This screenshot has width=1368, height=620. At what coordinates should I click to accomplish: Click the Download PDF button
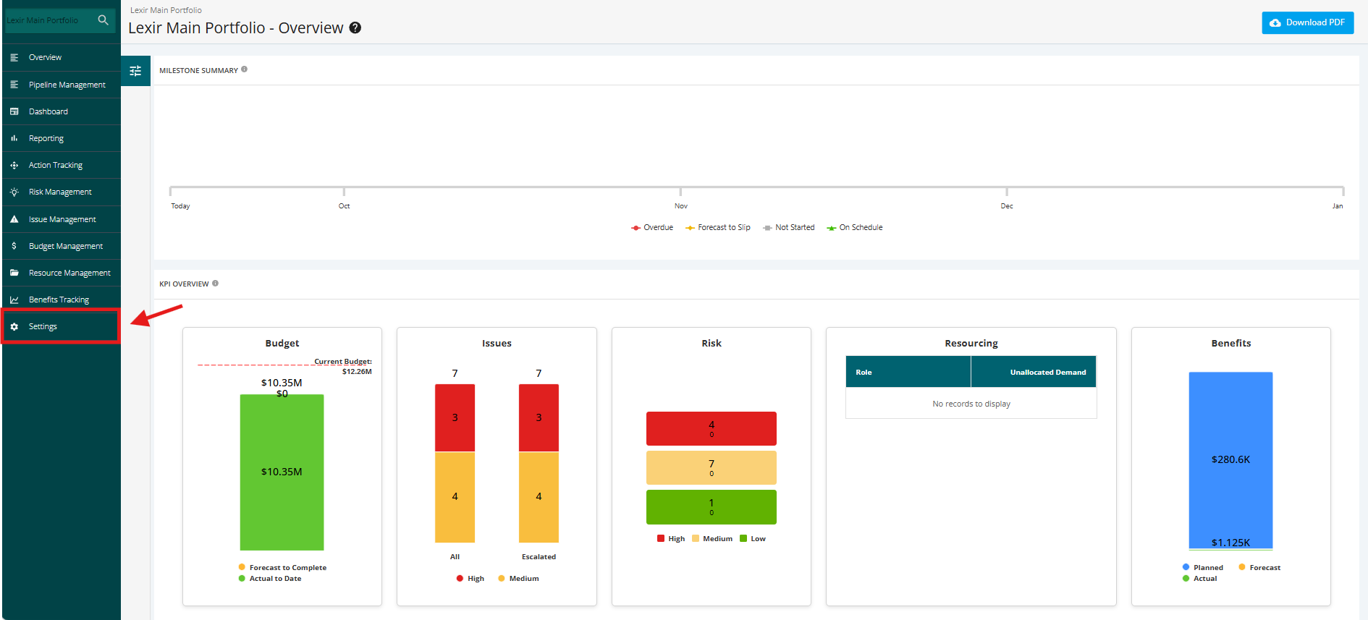click(1307, 22)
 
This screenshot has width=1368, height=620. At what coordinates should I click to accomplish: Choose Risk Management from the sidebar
click(61, 192)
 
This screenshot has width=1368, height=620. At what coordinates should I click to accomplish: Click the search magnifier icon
click(104, 20)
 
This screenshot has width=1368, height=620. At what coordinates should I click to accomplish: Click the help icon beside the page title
click(355, 27)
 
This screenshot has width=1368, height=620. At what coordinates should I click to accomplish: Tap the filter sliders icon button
click(135, 71)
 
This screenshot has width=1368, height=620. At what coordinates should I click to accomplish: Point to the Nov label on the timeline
click(681, 206)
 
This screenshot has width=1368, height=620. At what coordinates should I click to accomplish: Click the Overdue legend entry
click(652, 227)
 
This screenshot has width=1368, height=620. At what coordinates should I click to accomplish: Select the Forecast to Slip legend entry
click(718, 227)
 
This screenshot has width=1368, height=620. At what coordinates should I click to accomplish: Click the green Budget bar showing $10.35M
click(282, 472)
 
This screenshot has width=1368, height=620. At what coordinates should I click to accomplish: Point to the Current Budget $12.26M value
click(357, 372)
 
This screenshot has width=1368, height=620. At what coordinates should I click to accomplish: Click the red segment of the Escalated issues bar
click(539, 417)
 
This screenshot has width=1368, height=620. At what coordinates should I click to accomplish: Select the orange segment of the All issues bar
click(455, 497)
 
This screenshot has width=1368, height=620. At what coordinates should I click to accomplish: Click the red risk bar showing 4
click(712, 428)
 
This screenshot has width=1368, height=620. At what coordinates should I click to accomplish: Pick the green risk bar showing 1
click(712, 507)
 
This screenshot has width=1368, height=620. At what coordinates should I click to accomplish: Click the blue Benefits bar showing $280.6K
click(1230, 460)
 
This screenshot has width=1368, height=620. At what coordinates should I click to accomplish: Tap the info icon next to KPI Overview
click(215, 284)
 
